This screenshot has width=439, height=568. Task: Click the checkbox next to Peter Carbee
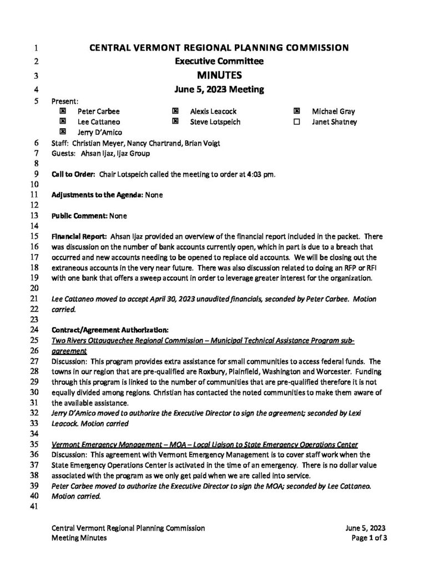pos(63,111)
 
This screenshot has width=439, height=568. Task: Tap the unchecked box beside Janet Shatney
pos(296,121)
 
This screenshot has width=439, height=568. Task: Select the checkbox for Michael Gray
pos(296,111)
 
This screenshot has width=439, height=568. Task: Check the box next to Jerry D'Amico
pos(63,131)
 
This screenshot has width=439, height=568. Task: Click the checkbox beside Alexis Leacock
pos(175,111)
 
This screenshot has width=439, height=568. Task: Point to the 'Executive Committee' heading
pos(219,61)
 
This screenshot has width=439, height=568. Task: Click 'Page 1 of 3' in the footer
pos(369,537)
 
